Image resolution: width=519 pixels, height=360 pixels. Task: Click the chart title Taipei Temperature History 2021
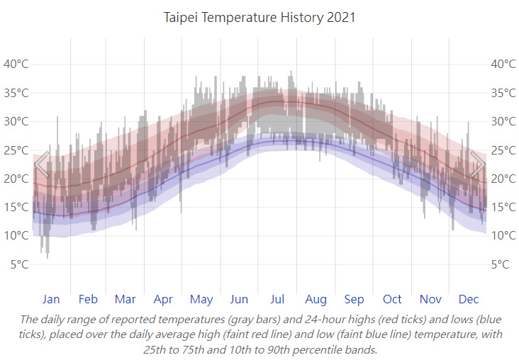(x=259, y=17)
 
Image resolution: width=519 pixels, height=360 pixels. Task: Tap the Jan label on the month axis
(x=51, y=299)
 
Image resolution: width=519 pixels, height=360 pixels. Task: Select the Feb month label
(x=89, y=299)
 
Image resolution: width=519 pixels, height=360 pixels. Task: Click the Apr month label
(x=163, y=299)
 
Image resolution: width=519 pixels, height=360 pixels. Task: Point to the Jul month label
(x=277, y=299)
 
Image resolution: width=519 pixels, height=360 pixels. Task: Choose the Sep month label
(x=354, y=299)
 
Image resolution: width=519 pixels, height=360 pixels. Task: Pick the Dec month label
(x=469, y=299)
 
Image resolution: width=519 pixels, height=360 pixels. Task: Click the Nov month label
(x=430, y=299)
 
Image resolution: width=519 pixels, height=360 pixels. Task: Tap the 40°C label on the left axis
(x=16, y=64)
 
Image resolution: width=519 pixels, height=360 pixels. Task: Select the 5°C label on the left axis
(x=19, y=265)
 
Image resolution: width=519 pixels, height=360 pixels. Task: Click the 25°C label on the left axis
(x=16, y=150)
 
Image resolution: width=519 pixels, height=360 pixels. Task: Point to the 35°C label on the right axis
(x=503, y=93)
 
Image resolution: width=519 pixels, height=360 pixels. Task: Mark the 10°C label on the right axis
(x=503, y=236)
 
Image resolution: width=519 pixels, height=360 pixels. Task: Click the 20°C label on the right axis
(x=503, y=179)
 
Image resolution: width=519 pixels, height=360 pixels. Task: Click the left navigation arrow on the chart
(x=42, y=164)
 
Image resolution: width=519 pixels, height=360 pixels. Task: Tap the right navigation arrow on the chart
(x=478, y=164)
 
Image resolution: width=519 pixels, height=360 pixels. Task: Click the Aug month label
(x=316, y=299)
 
